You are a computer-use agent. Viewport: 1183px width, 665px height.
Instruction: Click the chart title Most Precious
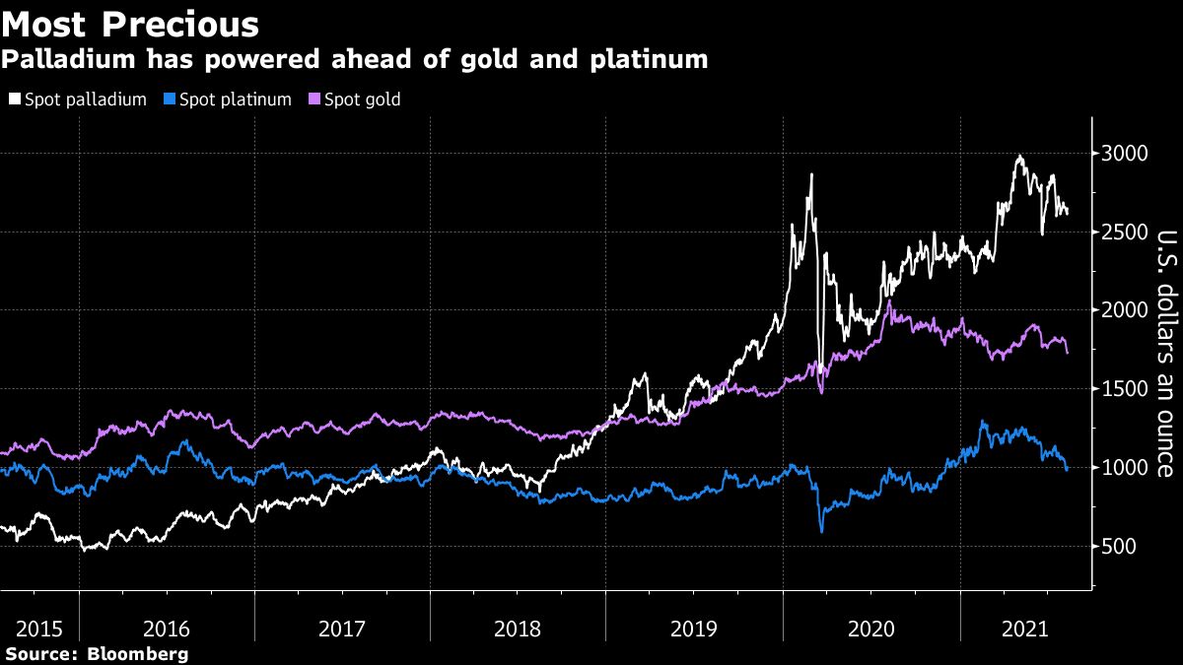point(130,24)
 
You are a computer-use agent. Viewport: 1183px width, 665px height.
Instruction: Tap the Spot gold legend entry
point(361,100)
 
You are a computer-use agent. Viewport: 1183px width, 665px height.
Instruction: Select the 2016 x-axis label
point(168,629)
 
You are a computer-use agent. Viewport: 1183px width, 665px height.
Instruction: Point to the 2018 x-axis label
point(519,629)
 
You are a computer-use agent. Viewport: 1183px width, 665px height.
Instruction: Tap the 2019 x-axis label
point(694,629)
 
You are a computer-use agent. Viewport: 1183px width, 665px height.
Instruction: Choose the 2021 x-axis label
point(1025,629)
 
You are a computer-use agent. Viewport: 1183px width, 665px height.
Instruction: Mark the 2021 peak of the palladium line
point(1018,157)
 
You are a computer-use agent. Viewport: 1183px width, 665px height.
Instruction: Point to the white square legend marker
point(14,100)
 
